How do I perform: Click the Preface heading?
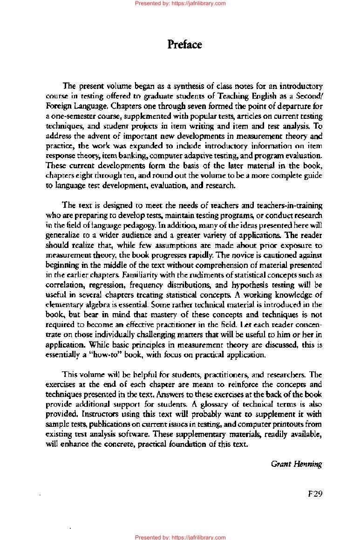184,45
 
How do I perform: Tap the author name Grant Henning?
296,464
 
